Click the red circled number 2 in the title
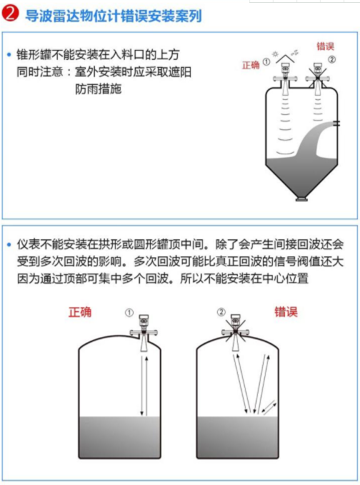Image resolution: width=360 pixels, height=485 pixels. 10,14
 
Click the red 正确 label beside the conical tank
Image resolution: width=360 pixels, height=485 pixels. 251,65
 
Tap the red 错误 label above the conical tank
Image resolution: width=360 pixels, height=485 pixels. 326,46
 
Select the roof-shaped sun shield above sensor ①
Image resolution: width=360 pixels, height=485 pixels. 285,59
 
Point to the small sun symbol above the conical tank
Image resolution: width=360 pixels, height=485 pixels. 275,54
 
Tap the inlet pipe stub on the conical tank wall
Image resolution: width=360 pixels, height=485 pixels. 337,124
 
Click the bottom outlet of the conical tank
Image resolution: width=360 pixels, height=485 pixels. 301,199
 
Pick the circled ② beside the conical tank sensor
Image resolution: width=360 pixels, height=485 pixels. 331,59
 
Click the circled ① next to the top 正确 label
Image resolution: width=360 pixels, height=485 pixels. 266,62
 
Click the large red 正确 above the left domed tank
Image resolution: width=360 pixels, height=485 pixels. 80,311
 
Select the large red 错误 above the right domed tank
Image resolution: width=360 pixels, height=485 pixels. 286,311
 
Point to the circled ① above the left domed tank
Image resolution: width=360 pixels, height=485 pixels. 129,313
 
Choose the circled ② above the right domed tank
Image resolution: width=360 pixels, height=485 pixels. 221,311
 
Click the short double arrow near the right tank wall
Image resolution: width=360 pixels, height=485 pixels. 269,406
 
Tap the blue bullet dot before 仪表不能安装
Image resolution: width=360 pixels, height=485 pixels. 9,245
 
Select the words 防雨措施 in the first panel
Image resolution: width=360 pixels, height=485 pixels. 99,89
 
